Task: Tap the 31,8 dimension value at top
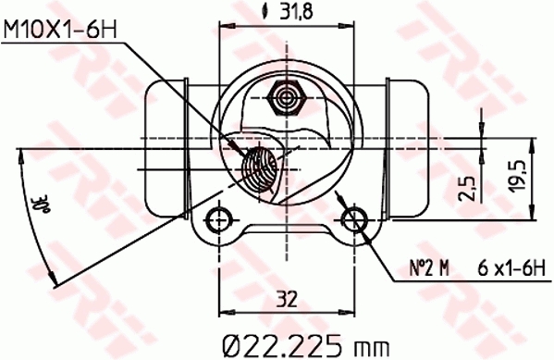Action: (297, 12)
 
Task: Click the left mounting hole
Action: (218, 219)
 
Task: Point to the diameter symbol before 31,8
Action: (267, 12)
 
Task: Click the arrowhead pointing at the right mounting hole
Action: (363, 231)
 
